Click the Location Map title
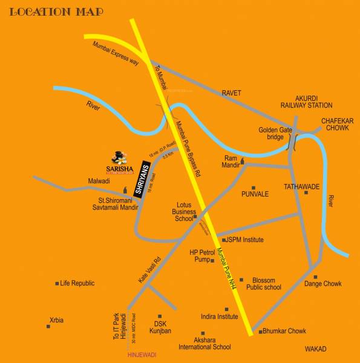tap(56, 11)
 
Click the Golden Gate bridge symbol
tap(292, 142)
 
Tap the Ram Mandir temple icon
tap(243, 162)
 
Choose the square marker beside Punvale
tap(254, 188)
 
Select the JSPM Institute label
tap(246, 240)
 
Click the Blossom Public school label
tap(264, 284)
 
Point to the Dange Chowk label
tap(323, 283)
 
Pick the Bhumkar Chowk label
tap(285, 331)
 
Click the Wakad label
tap(315, 349)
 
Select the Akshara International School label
tap(205, 344)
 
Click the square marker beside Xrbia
tap(48, 327)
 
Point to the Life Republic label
tap(79, 283)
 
